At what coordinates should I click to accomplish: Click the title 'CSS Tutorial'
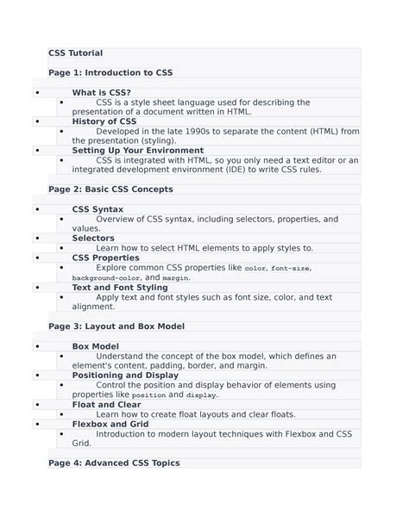[x=76, y=53]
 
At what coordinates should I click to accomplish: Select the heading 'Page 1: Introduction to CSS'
[x=110, y=73]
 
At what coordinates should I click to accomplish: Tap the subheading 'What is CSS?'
[x=102, y=92]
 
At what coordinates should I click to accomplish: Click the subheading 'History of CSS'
[x=104, y=121]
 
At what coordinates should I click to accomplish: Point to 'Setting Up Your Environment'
[x=138, y=150]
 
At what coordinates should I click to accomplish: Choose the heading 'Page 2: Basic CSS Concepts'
[x=110, y=189]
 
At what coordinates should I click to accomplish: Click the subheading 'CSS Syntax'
[x=98, y=209]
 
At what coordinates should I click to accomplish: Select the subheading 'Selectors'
[x=93, y=238]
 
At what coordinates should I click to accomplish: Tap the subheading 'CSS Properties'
[x=105, y=258]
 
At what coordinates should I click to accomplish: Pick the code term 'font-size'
[x=291, y=269]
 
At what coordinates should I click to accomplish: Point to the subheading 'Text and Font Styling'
[x=120, y=288]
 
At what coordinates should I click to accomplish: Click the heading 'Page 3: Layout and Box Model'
[x=116, y=326]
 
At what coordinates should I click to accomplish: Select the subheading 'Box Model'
[x=95, y=346]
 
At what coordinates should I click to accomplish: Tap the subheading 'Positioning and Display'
[x=125, y=376]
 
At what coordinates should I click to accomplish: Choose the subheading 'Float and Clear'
[x=106, y=404]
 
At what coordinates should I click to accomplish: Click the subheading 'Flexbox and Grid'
[x=110, y=424]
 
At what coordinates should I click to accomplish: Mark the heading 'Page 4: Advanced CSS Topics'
[x=114, y=463]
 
